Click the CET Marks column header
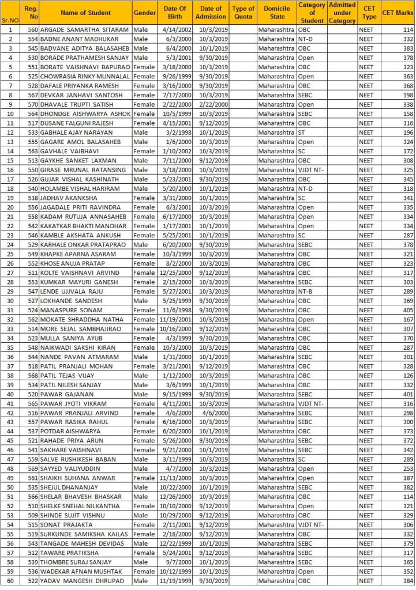[397, 13]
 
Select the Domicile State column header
[277, 13]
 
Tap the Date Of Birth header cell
[175, 13]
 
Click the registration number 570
[32, 104]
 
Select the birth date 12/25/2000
[174, 273]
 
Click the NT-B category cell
[305, 292]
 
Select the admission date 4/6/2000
[211, 413]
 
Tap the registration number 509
[32, 516]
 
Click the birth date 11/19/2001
[174, 319]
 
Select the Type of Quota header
[243, 13]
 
